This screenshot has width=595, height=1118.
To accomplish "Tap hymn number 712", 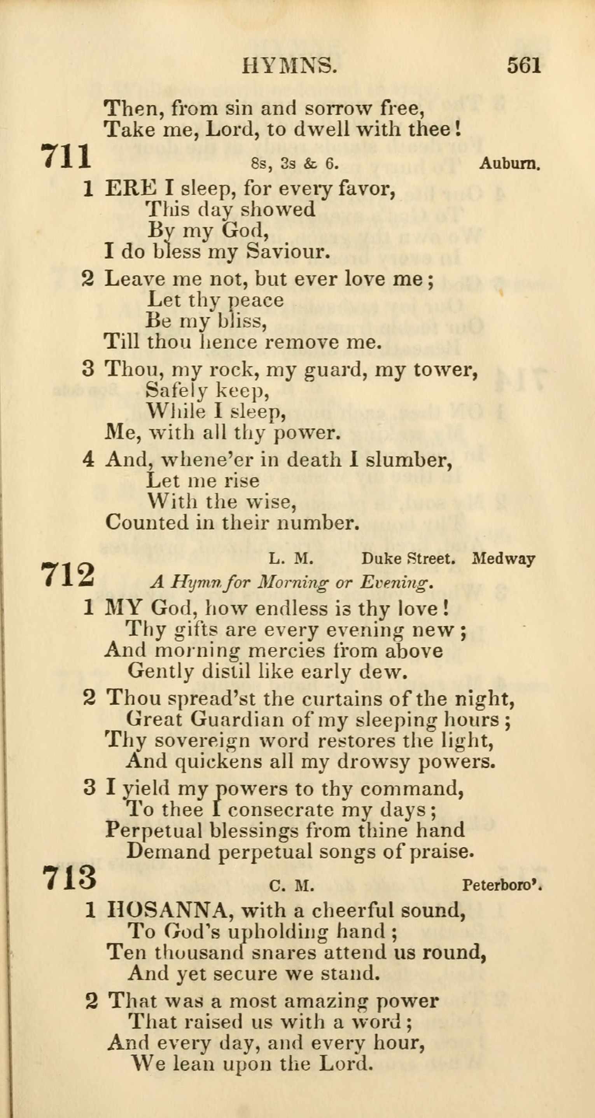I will [x=68, y=575].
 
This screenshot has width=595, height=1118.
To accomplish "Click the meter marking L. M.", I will [x=290, y=559].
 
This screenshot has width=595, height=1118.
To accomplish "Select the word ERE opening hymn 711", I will [x=130, y=189].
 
